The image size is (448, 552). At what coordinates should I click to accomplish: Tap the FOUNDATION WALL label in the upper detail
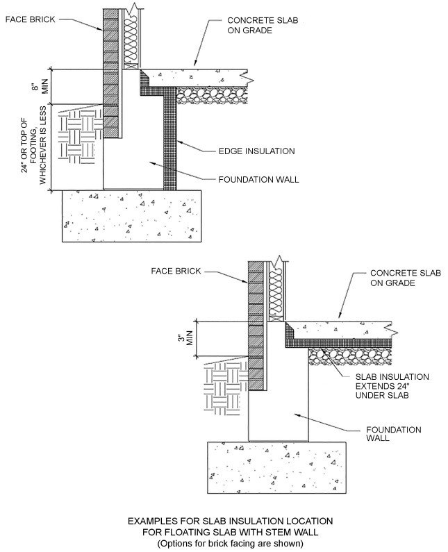(258, 179)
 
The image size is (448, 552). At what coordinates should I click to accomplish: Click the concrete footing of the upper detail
(131, 215)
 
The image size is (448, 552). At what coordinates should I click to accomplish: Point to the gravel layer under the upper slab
(212, 94)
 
